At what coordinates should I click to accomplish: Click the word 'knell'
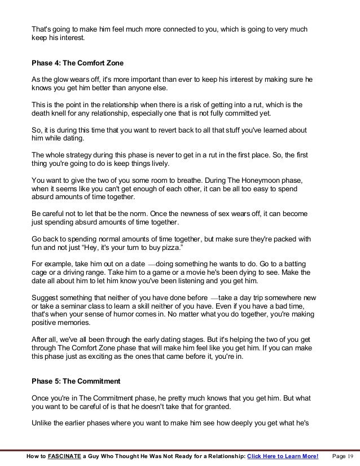click(62, 113)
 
